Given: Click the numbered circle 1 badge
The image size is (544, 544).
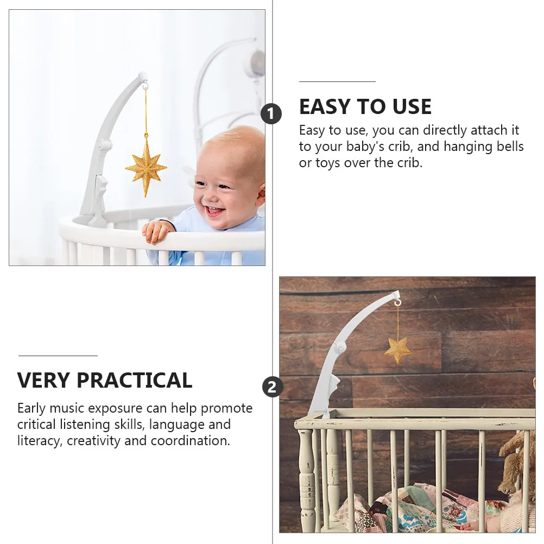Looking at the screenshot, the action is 271,114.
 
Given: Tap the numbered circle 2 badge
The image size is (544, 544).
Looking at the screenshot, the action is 273,387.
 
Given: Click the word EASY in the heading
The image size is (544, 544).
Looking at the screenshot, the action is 325,106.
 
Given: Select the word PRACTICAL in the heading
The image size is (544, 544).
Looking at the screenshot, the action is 134,380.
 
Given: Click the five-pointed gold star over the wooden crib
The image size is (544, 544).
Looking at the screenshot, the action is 398,350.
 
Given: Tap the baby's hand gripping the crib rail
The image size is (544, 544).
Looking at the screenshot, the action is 156,231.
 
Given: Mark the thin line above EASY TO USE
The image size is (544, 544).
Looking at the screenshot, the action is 337,81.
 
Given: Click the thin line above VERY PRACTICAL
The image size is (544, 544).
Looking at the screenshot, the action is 58,355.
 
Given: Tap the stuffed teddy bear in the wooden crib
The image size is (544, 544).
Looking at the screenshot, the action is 517,465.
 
